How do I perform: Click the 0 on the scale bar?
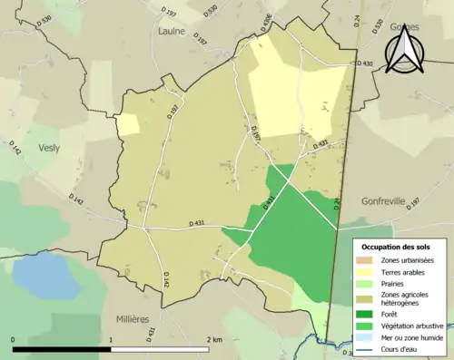click(14, 339)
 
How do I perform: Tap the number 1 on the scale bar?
click(111, 339)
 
